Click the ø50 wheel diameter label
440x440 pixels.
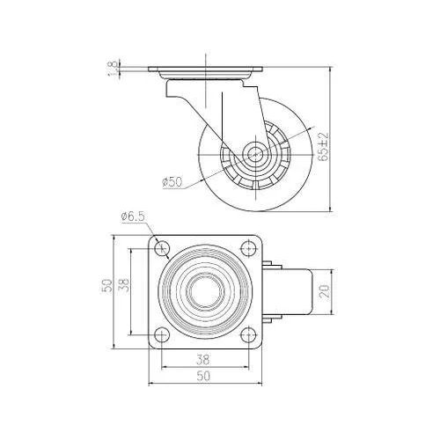(x=172, y=182)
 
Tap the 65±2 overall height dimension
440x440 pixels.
(x=324, y=147)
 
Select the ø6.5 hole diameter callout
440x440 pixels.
(x=133, y=216)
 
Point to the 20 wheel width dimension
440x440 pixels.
(x=326, y=291)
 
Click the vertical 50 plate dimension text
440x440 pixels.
(x=107, y=285)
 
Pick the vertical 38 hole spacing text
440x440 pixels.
(x=124, y=285)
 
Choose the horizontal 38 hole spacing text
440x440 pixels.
(x=202, y=360)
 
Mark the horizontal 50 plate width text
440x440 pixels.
(x=203, y=376)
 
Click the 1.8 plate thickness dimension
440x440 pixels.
(x=114, y=68)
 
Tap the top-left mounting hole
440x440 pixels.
(x=162, y=248)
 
